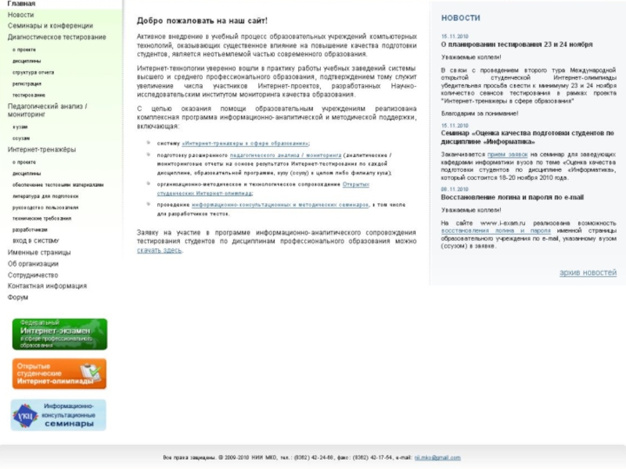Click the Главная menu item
tap(21, 4)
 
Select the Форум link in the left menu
tap(18, 298)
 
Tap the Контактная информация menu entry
tap(47, 286)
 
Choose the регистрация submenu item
tap(27, 84)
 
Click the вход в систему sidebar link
tap(35, 241)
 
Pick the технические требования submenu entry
tap(40, 218)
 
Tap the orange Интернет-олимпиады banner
tap(59, 374)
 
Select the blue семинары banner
tap(59, 414)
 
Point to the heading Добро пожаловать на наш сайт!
tap(202, 20)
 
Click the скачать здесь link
tap(159, 250)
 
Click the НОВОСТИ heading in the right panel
tap(461, 17)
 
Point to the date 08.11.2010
tap(454, 189)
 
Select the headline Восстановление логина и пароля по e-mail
tap(512, 197)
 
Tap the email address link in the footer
tap(437, 457)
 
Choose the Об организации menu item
tap(33, 263)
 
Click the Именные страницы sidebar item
tap(39, 252)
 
